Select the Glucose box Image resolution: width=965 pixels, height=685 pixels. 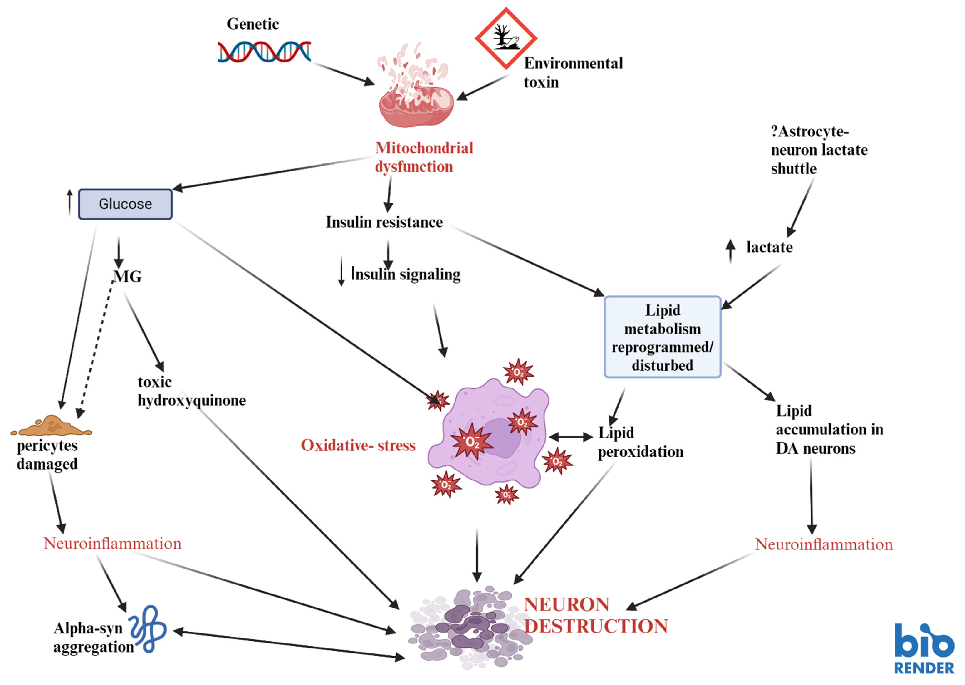coord(125,204)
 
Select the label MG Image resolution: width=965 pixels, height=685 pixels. coord(128,277)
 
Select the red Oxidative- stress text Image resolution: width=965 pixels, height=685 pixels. coord(358,445)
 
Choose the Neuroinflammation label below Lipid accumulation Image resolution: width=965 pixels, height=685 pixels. coord(823,544)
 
